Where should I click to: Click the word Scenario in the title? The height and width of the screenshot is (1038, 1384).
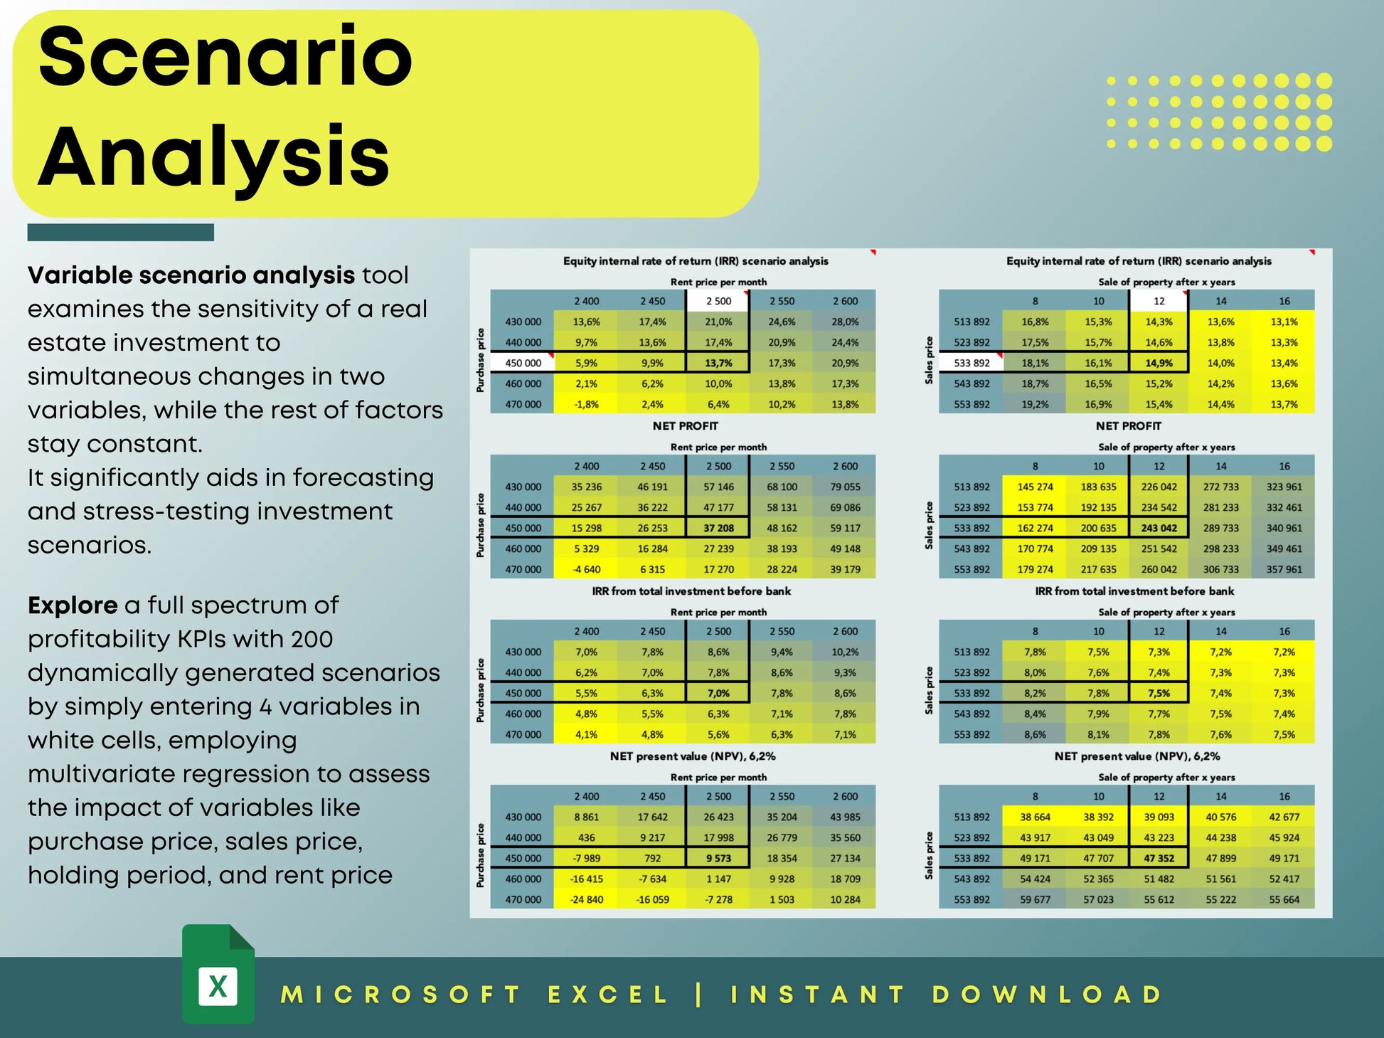tap(225, 57)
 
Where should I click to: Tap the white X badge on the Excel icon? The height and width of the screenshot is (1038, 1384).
tap(218, 986)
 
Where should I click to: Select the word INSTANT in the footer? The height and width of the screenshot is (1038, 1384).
tap(818, 995)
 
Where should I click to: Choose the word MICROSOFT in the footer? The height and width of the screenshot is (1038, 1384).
tap(401, 995)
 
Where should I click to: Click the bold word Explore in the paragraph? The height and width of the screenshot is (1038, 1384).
tap(73, 605)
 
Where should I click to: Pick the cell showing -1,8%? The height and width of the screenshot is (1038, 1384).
tap(586, 404)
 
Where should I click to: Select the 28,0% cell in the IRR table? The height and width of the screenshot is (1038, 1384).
tap(845, 322)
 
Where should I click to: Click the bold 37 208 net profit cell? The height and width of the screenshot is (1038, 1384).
tap(718, 528)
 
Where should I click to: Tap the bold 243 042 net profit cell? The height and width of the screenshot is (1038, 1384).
tap(1159, 528)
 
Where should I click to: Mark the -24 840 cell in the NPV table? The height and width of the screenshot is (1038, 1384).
tap(586, 899)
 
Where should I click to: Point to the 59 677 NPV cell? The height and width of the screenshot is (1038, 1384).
tap(1035, 899)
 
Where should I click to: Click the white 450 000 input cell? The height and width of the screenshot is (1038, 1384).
tap(523, 363)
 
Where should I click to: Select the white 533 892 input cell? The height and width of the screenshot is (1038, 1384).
tap(972, 363)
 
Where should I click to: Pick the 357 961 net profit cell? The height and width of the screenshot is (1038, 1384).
tap(1284, 569)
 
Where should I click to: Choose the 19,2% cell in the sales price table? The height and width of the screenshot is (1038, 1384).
tap(1035, 404)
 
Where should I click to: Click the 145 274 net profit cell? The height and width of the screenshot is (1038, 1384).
tap(1035, 487)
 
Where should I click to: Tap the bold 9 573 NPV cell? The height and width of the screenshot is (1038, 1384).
tap(718, 858)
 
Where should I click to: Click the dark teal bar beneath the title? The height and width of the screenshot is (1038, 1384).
tap(121, 233)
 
